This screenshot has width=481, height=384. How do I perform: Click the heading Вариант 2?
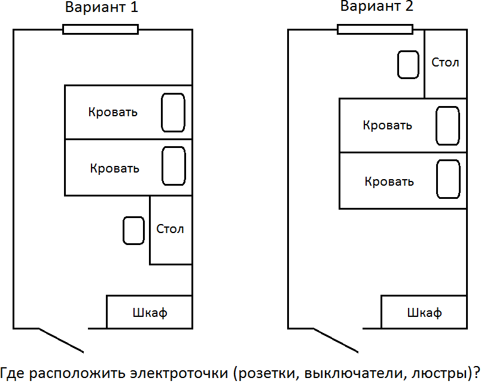(x=377, y=7)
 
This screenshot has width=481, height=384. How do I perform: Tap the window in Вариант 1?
(x=101, y=29)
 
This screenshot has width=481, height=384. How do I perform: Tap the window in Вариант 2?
(x=375, y=29)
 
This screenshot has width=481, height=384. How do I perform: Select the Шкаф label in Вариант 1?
(x=150, y=312)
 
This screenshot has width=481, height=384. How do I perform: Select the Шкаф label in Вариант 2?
(x=424, y=312)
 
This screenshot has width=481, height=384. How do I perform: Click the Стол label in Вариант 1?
(x=170, y=229)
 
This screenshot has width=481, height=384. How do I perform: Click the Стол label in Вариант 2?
(x=445, y=62)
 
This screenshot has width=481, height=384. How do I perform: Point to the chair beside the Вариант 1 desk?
(x=133, y=231)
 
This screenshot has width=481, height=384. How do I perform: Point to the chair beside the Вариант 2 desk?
(x=409, y=64)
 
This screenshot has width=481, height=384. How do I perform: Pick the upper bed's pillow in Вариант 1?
(x=173, y=112)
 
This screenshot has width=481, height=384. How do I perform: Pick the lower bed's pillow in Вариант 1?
(x=173, y=166)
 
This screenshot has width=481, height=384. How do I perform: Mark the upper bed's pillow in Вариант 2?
(x=447, y=126)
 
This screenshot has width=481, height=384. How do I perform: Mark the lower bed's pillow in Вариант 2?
(x=447, y=179)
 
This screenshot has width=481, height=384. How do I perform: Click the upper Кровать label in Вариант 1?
(x=112, y=112)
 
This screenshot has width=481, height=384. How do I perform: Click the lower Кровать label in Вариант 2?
(x=389, y=181)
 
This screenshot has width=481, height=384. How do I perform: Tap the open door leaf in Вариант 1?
(x=61, y=340)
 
